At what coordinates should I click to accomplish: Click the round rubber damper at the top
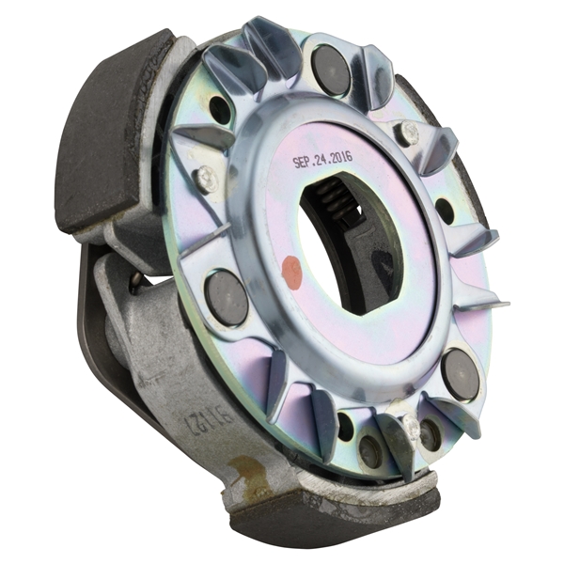pos(331,70)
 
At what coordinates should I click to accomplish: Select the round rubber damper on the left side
pos(226,297)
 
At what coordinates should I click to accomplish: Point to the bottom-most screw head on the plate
pos(411,428)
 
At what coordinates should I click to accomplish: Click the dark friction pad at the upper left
pos(108,132)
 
